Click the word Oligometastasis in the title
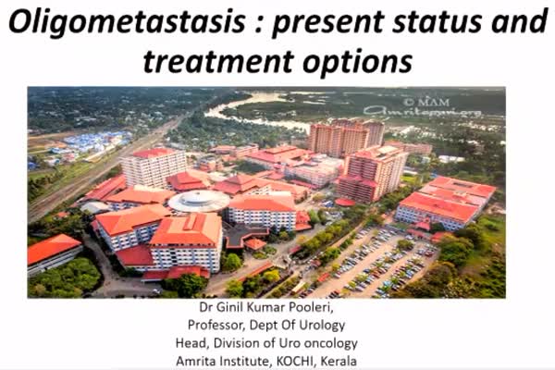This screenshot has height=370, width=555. point(127,21)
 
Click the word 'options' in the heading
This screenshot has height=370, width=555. point(358,62)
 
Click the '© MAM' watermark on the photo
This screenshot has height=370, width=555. point(426,103)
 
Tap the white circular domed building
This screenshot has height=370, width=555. point(199,201)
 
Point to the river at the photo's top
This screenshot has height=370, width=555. point(255,110)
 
